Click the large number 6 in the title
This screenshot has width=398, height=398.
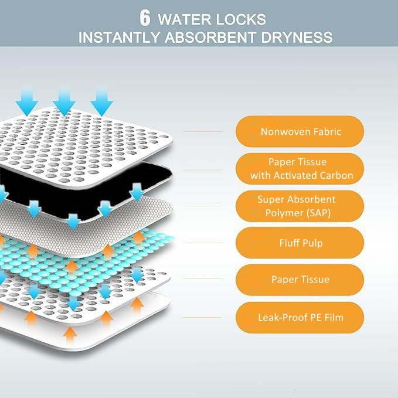pos(145,18)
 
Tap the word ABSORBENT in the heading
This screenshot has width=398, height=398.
pos(210,38)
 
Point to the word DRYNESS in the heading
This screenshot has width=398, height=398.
pos(297,38)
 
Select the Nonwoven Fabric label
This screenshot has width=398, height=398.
pos(300,131)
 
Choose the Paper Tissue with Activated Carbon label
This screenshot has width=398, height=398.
pos(300,169)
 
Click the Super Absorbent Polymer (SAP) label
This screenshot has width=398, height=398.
pos(300,206)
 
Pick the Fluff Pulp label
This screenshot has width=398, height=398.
pos(300,243)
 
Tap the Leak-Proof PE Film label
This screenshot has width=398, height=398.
pos(300,318)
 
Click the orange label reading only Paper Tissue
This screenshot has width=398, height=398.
pos(300,280)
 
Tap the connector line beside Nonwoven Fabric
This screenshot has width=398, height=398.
pos(203,132)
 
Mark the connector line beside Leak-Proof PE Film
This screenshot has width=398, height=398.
pos(202,317)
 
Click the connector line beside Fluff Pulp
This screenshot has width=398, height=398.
pos(203,243)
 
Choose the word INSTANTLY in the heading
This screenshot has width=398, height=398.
pos(119,38)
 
